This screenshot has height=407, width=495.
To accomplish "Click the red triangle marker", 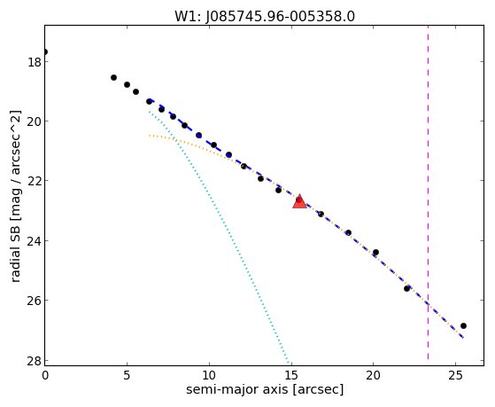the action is [x=299, y=202].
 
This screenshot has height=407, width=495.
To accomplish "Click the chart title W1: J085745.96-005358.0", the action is [x=265, y=17].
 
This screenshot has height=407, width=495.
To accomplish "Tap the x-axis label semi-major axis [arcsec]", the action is [x=265, y=389].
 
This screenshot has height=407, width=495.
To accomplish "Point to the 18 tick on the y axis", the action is [x=35, y=62].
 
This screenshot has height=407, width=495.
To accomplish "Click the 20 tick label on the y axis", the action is [x=35, y=121].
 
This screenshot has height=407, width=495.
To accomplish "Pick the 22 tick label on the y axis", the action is [x=35, y=181].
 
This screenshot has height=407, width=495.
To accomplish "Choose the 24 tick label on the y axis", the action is [x=35, y=241].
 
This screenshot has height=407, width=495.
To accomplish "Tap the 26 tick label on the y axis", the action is [x=35, y=301].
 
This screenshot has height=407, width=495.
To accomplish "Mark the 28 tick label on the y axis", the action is [x=35, y=361].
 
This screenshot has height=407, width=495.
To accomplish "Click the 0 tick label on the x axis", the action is [x=45, y=375].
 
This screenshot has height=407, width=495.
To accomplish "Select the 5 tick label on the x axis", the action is [x=127, y=375].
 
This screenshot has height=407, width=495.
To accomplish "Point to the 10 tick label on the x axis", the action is [x=209, y=375].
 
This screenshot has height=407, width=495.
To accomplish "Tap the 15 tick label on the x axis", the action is [x=291, y=375].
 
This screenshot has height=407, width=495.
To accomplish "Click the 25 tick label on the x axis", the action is [x=455, y=375].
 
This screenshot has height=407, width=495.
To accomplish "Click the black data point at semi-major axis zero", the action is [x=45, y=51].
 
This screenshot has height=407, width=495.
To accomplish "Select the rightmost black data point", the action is [x=463, y=325].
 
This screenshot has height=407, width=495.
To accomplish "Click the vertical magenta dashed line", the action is [x=428, y=192].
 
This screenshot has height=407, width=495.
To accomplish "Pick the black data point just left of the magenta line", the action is [x=406, y=288].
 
